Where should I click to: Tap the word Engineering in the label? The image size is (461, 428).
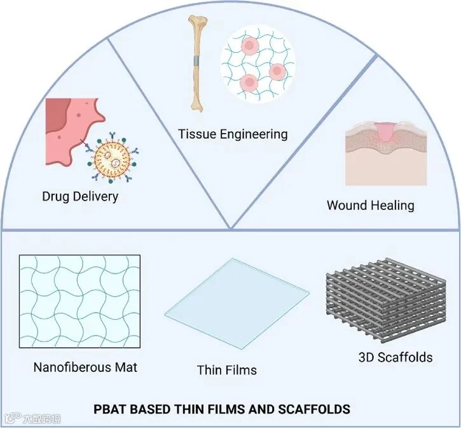tap(254, 134)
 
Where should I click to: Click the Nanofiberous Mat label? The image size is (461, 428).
tap(85, 367)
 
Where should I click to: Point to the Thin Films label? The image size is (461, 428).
tap(226, 370)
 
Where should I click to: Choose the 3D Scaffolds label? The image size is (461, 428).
tap(396, 357)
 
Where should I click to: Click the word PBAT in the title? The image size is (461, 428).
tap(110, 409)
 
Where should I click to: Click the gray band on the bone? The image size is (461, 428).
tap(196, 61)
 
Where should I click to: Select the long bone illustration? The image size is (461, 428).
tap(196, 63)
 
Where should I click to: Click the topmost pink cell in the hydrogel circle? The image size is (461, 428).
tap(250, 46)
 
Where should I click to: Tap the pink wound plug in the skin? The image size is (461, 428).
tap(384, 131)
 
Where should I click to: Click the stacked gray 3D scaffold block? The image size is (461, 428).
tap(386, 300)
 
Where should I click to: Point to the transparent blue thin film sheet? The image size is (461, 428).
tap(237, 303)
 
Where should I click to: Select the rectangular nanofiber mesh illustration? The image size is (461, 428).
tap(79, 301)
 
